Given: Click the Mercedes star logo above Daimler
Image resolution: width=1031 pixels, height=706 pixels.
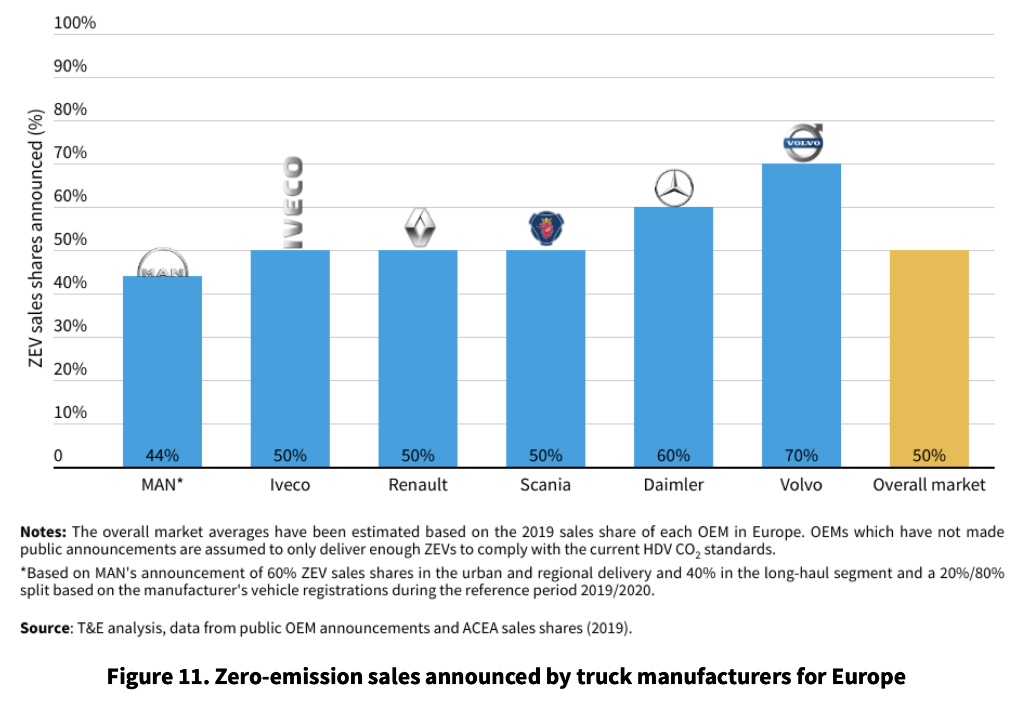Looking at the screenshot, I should pyautogui.click(x=674, y=188).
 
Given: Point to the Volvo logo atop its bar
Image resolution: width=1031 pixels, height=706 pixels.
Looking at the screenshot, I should pyautogui.click(x=803, y=143).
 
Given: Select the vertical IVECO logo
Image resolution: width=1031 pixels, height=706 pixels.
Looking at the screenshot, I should pyautogui.click(x=292, y=202).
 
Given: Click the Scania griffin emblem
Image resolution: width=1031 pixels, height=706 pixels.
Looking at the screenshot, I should pyautogui.click(x=546, y=228).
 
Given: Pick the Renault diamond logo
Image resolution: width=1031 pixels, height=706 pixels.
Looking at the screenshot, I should pyautogui.click(x=420, y=227).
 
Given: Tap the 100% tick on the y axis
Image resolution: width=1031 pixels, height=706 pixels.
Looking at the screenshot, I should pyautogui.click(x=75, y=23).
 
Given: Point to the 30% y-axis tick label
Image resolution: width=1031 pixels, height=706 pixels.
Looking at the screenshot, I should pyautogui.click(x=70, y=325).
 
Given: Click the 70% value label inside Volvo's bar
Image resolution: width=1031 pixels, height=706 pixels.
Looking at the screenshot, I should pyautogui.click(x=801, y=455).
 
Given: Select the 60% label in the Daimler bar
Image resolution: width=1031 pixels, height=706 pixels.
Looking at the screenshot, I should pyautogui.click(x=673, y=455).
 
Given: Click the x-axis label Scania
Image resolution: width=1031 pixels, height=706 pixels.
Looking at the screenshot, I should pyautogui.click(x=545, y=484).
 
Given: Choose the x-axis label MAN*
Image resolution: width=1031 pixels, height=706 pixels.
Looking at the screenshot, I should pyautogui.click(x=162, y=484).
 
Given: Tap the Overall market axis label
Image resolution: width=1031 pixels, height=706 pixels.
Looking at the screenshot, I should pyautogui.click(x=929, y=484).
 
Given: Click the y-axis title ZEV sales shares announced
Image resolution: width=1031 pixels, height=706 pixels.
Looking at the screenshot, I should pyautogui.click(x=35, y=239).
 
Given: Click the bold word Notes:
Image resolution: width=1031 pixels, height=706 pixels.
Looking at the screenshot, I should pyautogui.click(x=43, y=532).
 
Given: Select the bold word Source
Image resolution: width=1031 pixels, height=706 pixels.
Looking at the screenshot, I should pyautogui.click(x=45, y=628).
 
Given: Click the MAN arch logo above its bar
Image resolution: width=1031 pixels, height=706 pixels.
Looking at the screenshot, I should pyautogui.click(x=163, y=263).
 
